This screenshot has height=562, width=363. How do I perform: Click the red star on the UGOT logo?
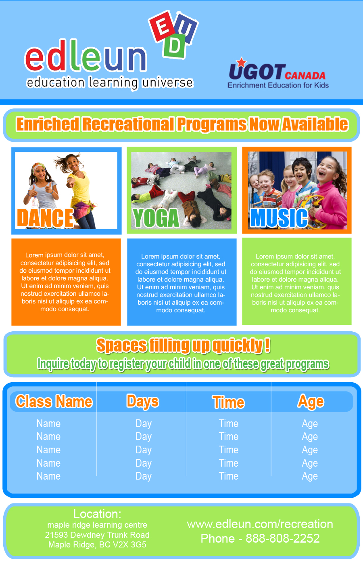(241, 62)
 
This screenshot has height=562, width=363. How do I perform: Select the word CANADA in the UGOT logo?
(305, 76)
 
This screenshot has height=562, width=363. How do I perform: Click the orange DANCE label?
(45, 218)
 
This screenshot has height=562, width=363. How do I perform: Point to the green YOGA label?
(156, 218)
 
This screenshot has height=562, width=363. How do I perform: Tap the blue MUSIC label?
(279, 218)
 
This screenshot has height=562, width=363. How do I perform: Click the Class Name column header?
(54, 402)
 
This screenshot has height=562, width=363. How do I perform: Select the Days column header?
(143, 402)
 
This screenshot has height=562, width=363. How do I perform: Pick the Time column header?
(228, 402)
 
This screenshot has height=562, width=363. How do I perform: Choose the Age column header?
(311, 402)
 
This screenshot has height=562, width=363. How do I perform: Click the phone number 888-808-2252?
(282, 539)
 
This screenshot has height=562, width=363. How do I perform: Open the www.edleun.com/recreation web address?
(260, 524)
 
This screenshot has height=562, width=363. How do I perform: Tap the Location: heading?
(97, 514)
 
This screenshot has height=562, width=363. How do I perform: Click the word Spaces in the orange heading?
(121, 346)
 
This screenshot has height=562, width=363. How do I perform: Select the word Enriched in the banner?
(48, 124)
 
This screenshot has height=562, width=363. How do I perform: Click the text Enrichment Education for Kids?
(278, 85)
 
